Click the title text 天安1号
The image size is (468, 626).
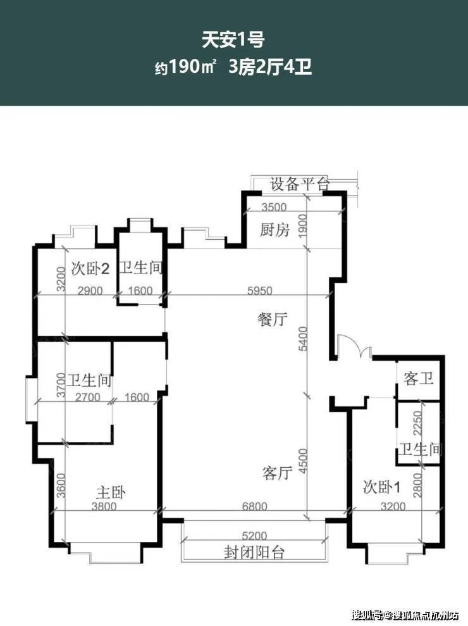234,40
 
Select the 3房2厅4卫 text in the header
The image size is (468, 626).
270,67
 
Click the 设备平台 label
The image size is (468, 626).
299,184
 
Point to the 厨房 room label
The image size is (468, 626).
274,230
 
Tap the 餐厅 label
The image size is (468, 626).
273,320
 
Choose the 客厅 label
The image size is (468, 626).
277,473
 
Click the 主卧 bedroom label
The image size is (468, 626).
111,492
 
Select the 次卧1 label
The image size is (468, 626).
382,487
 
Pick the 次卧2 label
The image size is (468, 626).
90,268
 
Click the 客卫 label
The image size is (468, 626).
419,378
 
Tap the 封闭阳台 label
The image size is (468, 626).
254,553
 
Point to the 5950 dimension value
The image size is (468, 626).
260,291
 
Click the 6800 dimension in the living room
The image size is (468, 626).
255,506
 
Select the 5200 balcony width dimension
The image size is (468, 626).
254,535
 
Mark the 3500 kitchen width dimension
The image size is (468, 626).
274,207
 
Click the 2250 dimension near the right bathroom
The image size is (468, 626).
417,423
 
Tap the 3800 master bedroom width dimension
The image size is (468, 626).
104,506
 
